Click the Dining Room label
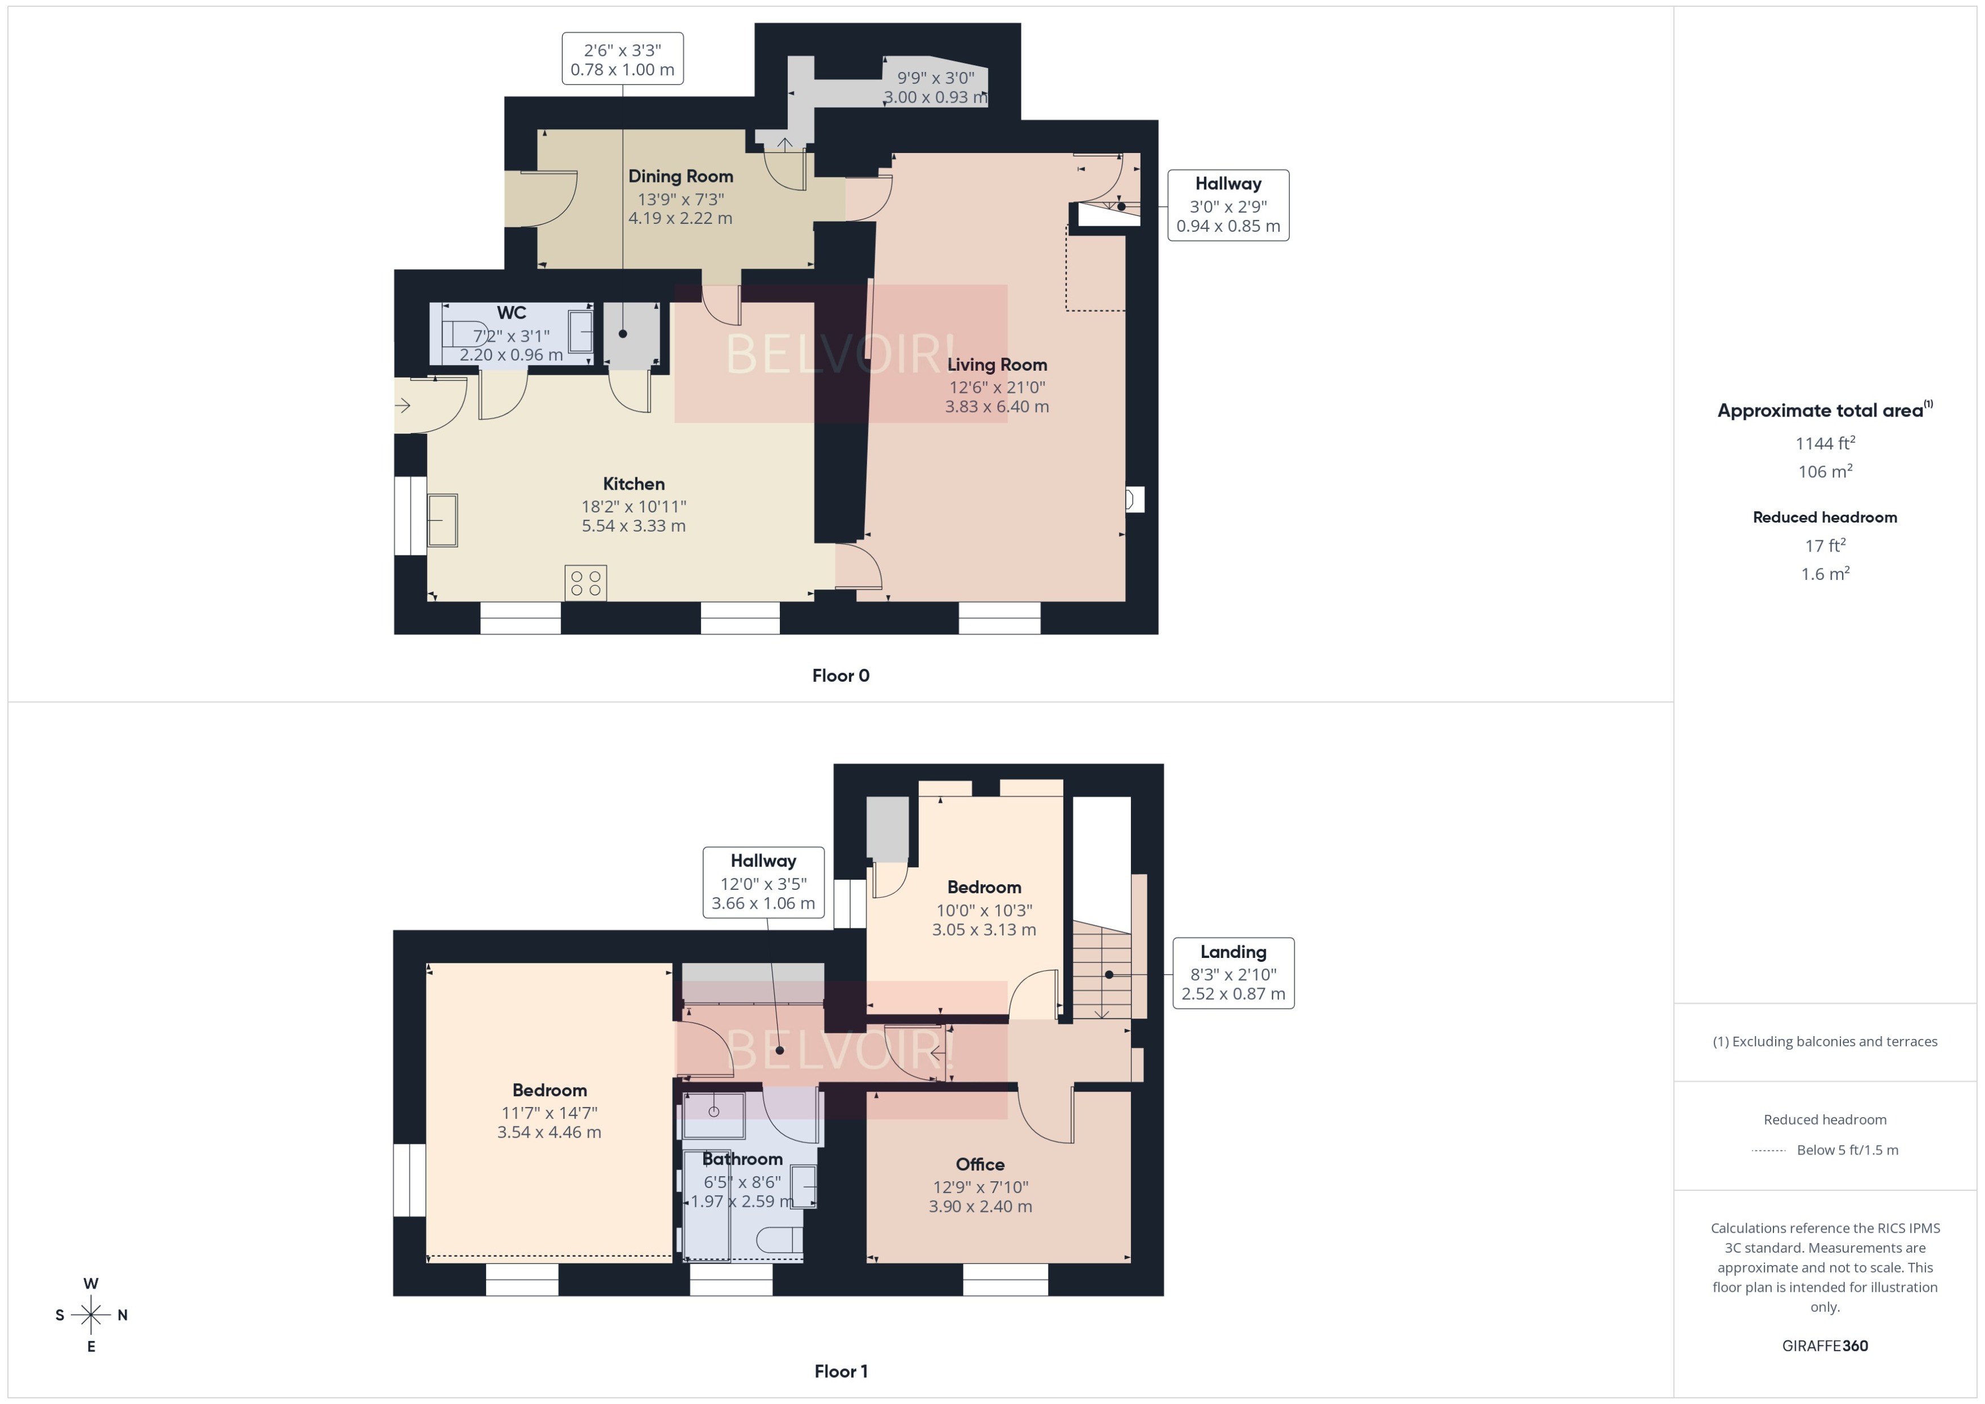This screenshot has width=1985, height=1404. tap(680, 176)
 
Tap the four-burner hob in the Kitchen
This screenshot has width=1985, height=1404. tap(585, 583)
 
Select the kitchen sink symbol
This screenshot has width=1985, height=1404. tap(443, 520)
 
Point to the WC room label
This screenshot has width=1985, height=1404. tap(510, 312)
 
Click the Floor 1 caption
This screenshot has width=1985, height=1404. tap(840, 1371)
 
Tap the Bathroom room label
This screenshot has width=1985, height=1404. tap(741, 1159)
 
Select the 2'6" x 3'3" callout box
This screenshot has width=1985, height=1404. tap(622, 59)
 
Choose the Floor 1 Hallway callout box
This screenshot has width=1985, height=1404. tap(763, 882)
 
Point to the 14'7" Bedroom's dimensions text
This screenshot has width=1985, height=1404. tap(548, 1122)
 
